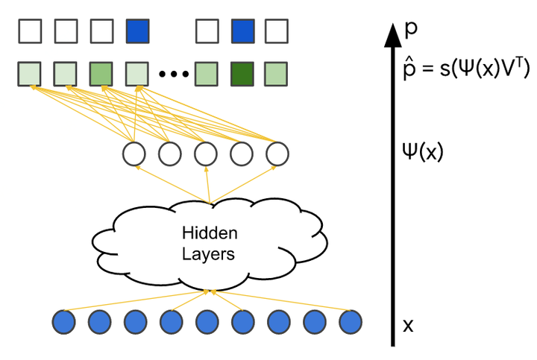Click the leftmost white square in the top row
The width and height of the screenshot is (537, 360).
click(30, 32)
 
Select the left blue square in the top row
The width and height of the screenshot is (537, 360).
click(138, 32)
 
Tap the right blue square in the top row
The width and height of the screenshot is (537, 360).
click(242, 32)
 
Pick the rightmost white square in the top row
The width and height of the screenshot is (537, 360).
click(277, 32)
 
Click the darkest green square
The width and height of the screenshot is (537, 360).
click(242, 75)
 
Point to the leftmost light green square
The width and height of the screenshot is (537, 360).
click(30, 75)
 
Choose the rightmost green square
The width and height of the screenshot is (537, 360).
click(277, 75)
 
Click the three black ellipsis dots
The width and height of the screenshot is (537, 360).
click(173, 75)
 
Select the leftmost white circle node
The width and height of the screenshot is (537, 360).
click(134, 154)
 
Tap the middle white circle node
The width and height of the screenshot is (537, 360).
click(206, 154)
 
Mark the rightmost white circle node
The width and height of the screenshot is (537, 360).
click(277, 154)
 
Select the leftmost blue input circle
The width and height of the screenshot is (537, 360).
click(63, 323)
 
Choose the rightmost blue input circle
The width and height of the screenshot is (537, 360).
click(350, 323)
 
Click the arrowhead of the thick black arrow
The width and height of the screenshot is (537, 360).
click(393, 34)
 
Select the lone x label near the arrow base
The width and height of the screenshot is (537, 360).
click(408, 325)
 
